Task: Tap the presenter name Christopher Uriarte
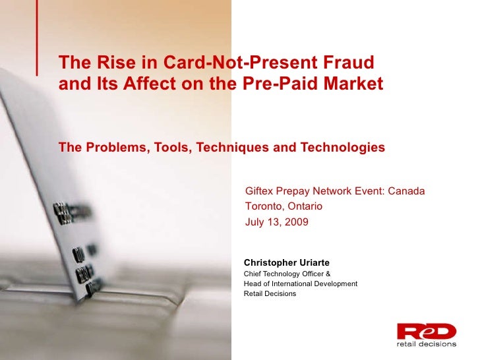click(287, 262)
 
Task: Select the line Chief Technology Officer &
click(287, 273)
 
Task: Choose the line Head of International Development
click(301, 284)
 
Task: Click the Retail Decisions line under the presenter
click(270, 293)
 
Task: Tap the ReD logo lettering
click(426, 331)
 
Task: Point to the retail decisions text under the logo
click(426, 344)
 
